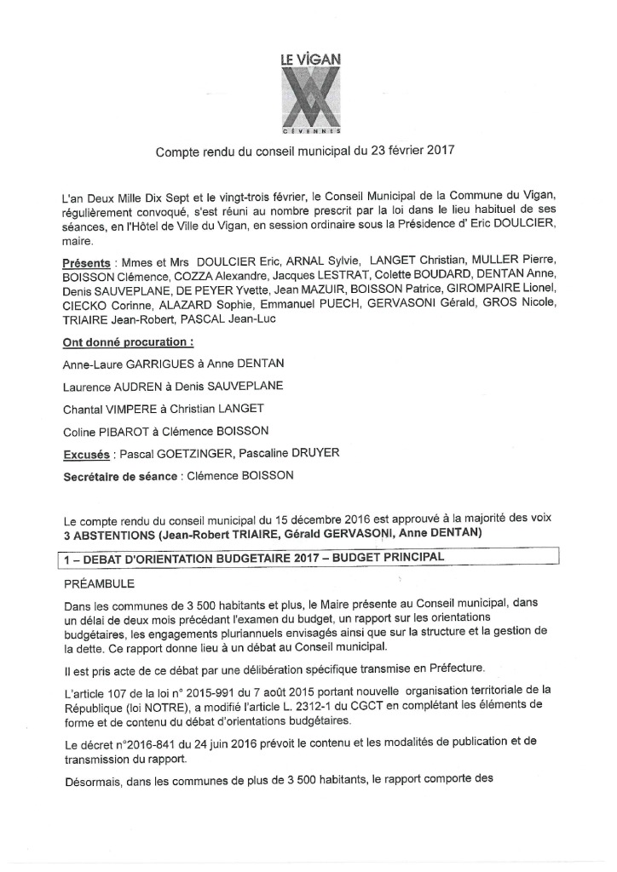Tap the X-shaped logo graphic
pos(311,99)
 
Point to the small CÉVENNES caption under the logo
pos(311,133)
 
